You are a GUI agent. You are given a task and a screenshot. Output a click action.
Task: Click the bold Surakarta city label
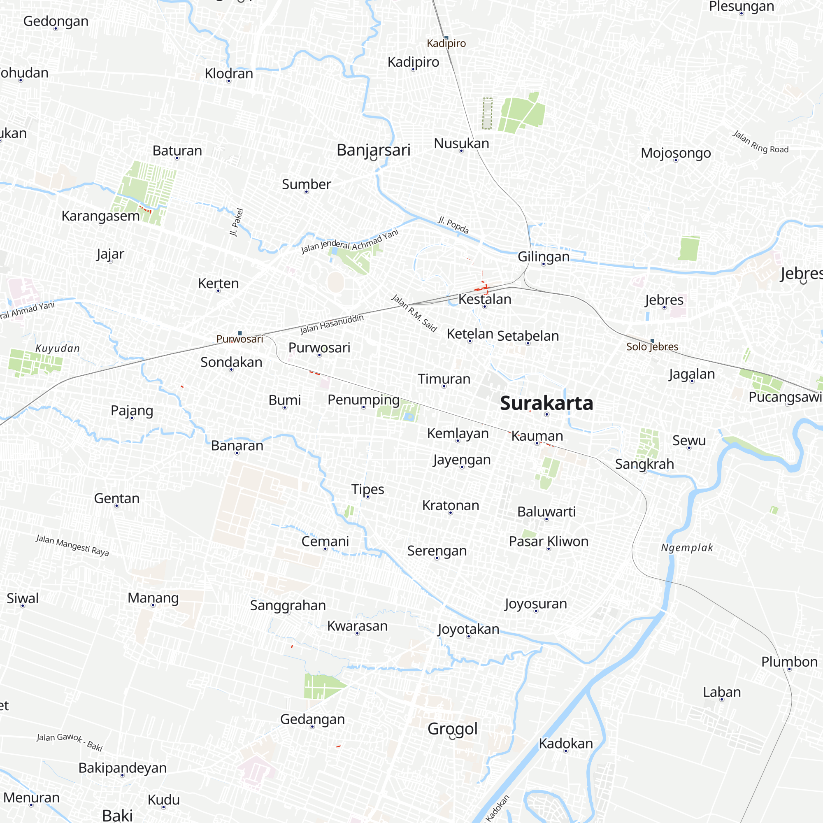click(x=546, y=403)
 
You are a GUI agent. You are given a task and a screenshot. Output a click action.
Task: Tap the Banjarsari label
click(x=373, y=150)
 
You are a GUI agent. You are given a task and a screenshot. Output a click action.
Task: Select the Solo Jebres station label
click(x=652, y=347)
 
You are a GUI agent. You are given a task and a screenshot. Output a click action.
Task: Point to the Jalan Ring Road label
click(x=760, y=142)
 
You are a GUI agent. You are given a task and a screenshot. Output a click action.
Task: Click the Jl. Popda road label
click(x=453, y=225)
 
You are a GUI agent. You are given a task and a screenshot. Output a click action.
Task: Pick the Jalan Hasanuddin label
click(x=332, y=324)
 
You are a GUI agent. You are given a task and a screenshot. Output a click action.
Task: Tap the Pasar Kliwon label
click(x=548, y=542)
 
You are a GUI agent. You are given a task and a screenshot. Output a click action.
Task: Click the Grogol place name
click(x=452, y=729)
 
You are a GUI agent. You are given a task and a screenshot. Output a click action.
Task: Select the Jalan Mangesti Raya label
click(x=72, y=546)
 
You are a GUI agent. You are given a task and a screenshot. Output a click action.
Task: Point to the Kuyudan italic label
click(x=58, y=349)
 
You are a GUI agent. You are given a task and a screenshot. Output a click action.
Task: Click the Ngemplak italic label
click(x=687, y=548)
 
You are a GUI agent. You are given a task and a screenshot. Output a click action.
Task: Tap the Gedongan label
click(x=56, y=21)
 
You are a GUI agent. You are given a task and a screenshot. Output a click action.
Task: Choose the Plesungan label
click(x=741, y=7)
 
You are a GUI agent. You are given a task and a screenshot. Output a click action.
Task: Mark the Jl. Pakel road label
click(x=237, y=222)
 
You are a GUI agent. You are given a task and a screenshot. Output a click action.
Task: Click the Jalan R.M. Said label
click(x=414, y=313)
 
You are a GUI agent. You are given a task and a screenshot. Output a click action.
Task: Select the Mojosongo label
click(x=676, y=153)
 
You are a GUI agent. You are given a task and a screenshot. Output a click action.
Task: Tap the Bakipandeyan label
click(x=122, y=768)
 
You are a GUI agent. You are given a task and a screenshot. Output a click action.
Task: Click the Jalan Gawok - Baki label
click(x=70, y=742)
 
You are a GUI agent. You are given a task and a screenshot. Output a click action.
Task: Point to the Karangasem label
click(x=100, y=216)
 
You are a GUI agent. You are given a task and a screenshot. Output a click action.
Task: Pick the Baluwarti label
click(x=546, y=511)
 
